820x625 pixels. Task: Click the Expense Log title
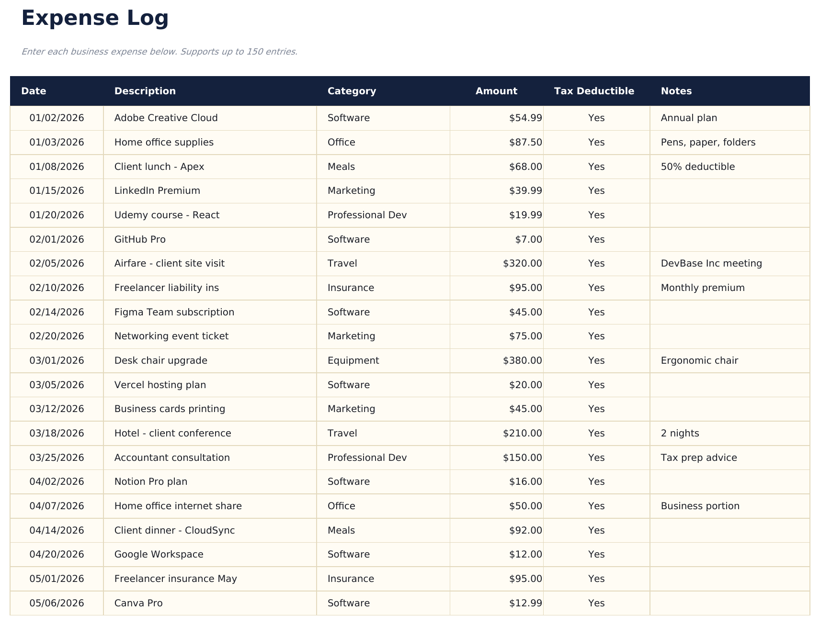point(95,18)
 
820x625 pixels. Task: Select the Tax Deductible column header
point(594,91)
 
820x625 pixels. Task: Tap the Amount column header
point(496,91)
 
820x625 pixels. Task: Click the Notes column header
point(676,91)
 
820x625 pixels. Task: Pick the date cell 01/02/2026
point(57,118)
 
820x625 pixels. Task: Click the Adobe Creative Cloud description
point(166,118)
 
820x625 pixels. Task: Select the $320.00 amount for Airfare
point(522,263)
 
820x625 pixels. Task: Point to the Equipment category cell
point(353,360)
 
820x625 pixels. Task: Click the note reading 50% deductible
point(697,167)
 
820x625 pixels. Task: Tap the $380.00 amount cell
point(522,360)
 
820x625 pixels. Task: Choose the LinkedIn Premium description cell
point(157,190)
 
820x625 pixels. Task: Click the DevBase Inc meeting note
point(711,263)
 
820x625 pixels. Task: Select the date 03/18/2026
point(57,433)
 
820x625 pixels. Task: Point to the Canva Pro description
point(138,603)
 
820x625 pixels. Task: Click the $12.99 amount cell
point(525,603)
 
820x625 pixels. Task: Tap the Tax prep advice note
point(699,458)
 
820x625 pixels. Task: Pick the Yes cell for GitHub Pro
point(596,239)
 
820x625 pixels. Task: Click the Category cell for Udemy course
point(367,215)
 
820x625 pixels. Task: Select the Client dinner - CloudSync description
point(174,530)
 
